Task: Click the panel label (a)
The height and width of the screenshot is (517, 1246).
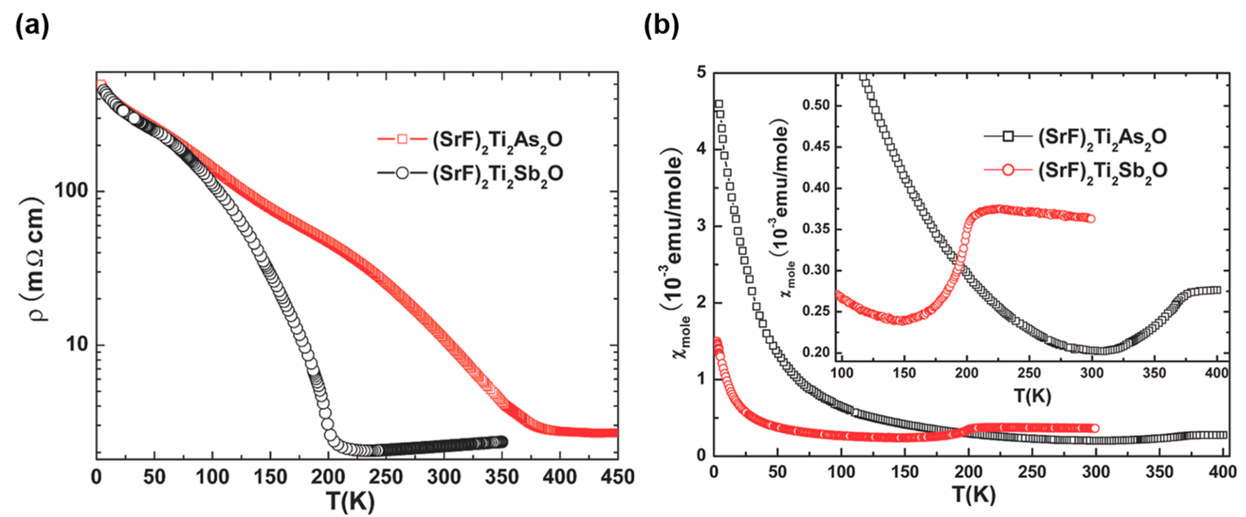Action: point(32,26)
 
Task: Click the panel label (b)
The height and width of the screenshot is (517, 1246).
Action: point(661,26)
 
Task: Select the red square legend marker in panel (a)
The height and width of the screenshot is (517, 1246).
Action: point(402,139)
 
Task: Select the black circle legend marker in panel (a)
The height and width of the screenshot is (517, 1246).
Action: point(402,173)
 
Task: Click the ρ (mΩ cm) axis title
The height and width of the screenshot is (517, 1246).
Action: point(34,261)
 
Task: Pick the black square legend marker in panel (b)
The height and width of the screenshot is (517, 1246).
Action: point(1008,137)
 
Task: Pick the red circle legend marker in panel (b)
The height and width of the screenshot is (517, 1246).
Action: point(1008,170)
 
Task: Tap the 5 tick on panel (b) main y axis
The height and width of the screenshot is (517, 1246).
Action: point(701,72)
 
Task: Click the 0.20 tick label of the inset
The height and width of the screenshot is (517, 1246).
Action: point(815,352)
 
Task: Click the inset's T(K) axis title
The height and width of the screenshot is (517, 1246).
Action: point(1032,396)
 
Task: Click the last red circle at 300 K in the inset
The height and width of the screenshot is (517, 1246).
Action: point(1091,219)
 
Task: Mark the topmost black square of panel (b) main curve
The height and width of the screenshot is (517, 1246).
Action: point(719,104)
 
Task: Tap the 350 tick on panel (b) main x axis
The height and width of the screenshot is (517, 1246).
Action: point(1159,471)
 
